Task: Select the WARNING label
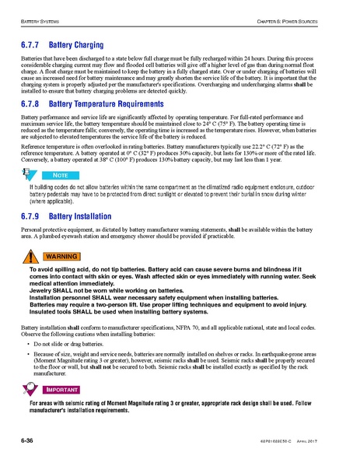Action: (x=60, y=256)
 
